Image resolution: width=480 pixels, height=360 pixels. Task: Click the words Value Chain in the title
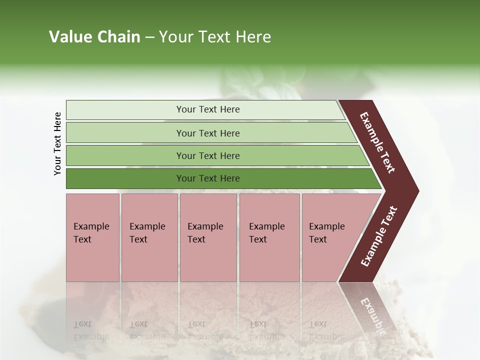pos(94,37)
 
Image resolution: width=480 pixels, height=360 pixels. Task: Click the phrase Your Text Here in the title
pos(215,37)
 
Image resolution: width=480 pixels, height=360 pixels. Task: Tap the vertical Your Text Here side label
pos(57,143)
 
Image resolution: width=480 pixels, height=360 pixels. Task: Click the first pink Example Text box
pos(92,237)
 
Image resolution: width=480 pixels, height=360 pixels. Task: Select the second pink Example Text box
pos(149,237)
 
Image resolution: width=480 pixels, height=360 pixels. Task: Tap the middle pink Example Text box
pos(208,237)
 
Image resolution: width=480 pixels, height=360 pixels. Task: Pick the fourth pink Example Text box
pos(269,237)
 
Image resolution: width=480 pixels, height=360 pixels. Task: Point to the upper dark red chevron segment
pos(380,145)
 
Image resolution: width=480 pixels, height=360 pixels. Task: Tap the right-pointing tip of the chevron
pos(415,191)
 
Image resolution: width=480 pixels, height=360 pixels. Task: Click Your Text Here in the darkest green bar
pos(208,178)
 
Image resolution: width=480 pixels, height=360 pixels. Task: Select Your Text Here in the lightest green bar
pos(208,109)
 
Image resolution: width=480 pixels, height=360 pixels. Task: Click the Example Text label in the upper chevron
pos(377,142)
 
